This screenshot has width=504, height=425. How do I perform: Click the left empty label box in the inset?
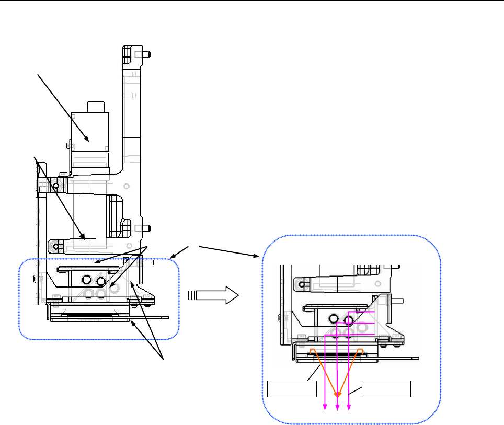click(292, 389)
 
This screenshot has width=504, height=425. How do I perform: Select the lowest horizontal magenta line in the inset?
click(349, 335)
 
